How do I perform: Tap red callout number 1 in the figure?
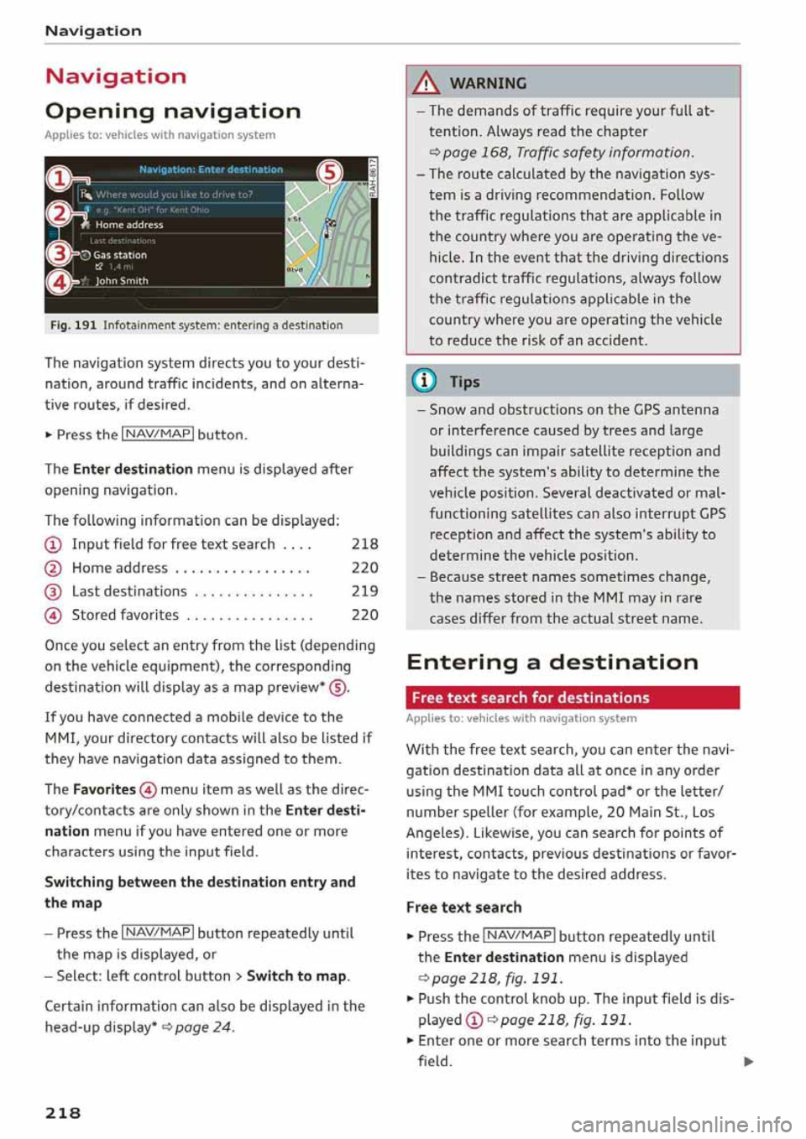(x=58, y=179)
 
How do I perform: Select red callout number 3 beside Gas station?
(x=58, y=252)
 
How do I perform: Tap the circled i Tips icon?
(x=425, y=382)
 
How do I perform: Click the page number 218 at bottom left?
(x=63, y=1113)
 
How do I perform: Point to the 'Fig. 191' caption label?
(x=73, y=325)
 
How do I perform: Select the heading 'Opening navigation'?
(x=172, y=112)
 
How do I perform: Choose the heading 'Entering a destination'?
(x=552, y=663)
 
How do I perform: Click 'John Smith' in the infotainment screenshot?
(x=122, y=281)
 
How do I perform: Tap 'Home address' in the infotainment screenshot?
(x=128, y=225)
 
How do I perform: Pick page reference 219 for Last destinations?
(x=364, y=591)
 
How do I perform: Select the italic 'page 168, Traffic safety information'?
(x=568, y=153)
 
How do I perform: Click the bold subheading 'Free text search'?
(x=463, y=908)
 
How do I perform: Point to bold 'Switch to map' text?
(x=296, y=976)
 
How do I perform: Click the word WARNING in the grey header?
(x=488, y=83)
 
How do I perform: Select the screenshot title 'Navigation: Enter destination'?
(x=211, y=169)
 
